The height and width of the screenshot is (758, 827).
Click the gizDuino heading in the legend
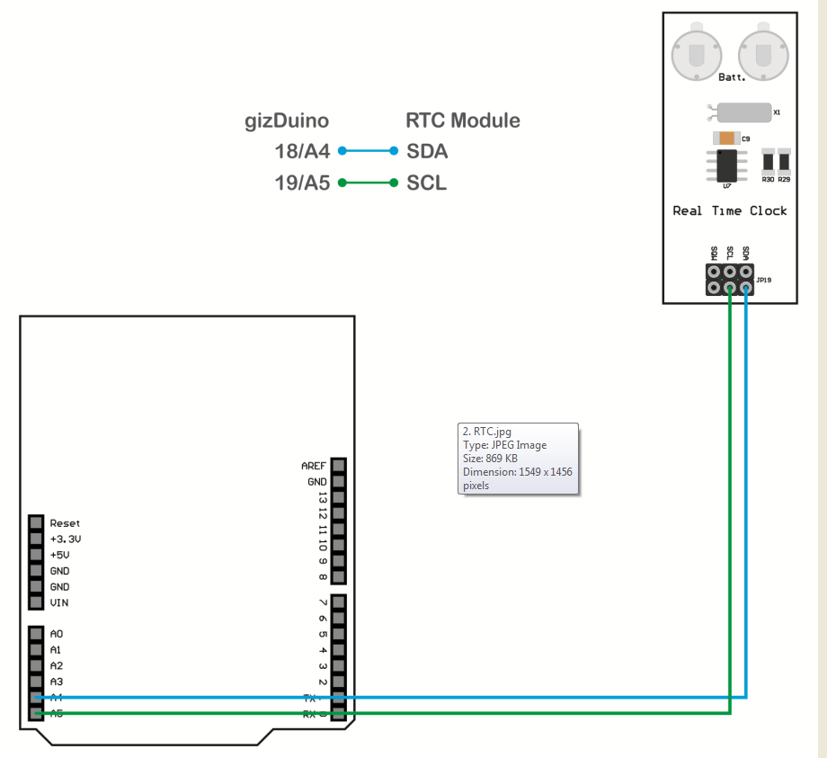[287, 120]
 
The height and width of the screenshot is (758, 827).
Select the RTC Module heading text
[463, 120]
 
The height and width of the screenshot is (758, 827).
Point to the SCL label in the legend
[427, 183]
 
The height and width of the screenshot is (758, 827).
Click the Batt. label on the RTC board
[733, 78]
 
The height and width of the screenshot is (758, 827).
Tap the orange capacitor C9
[725, 138]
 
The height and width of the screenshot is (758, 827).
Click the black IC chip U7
[727, 164]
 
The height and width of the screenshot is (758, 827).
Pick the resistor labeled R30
[768, 162]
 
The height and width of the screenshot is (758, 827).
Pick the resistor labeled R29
[784, 162]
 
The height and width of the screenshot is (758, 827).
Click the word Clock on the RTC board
[768, 210]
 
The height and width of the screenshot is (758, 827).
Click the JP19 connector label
[764, 281]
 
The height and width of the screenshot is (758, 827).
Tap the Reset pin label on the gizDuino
[65, 523]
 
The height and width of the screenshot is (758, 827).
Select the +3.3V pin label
[67, 540]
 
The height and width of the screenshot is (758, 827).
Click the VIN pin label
[59, 602]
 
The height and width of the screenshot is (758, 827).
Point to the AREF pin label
[314, 466]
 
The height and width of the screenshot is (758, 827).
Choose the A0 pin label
[56, 634]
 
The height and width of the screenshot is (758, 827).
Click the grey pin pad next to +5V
[36, 555]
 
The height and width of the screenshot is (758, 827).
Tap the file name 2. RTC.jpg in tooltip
[492, 432]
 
